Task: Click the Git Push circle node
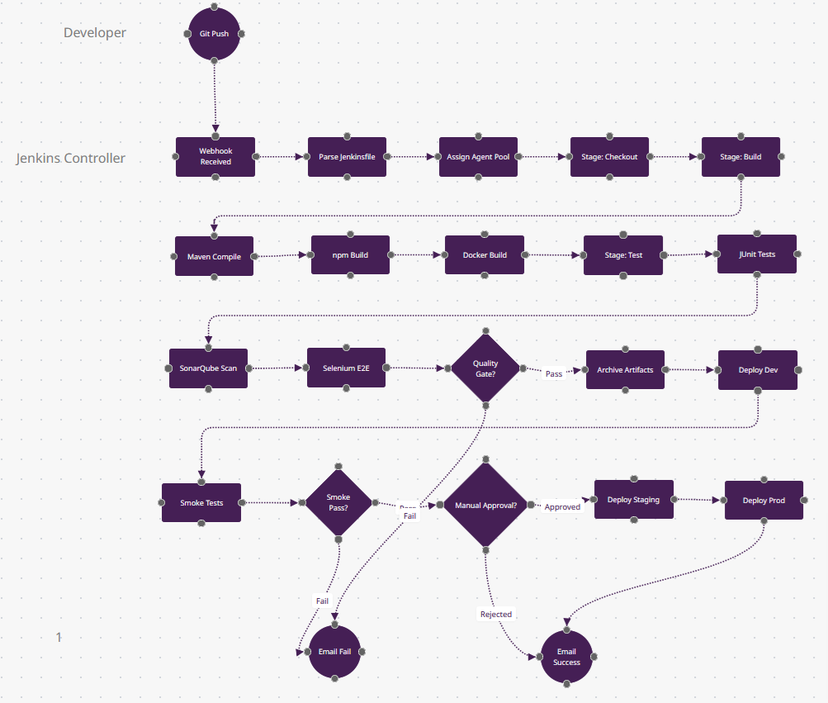coord(214,34)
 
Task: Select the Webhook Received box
coord(215,157)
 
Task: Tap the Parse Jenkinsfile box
coord(348,157)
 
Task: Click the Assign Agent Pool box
coord(478,157)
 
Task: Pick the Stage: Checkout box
coord(609,157)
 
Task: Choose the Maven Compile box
coord(214,256)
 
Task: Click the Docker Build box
coord(485,255)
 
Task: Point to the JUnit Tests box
coord(757,254)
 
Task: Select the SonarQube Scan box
coord(208,368)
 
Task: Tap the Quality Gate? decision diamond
coord(485,368)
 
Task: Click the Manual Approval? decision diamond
coord(486,505)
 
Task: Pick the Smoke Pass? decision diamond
coord(338,502)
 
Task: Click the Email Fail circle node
coord(334,652)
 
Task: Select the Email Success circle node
coord(566,657)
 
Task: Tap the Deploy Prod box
coord(764,501)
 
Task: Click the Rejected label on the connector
coord(496,614)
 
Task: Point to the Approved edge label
coord(562,506)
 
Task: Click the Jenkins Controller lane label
coord(71,159)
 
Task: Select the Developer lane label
coord(95,33)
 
